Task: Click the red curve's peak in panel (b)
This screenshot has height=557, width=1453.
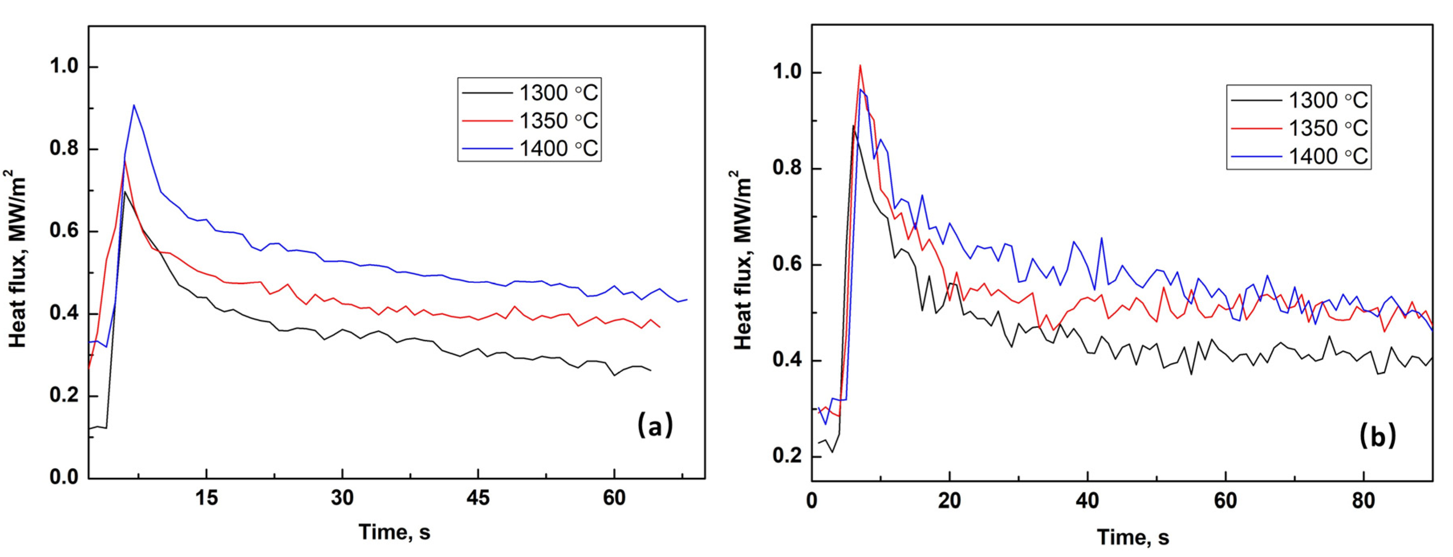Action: (x=860, y=65)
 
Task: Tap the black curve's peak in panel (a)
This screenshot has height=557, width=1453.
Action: (x=124, y=192)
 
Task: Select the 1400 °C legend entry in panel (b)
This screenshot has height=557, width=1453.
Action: (x=1298, y=156)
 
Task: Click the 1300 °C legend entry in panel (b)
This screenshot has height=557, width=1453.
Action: (x=1298, y=100)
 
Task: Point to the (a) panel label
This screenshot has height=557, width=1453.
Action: (x=655, y=424)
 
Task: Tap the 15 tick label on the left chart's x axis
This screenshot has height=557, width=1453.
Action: (x=206, y=498)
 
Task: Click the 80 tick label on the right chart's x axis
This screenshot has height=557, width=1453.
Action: (x=1363, y=500)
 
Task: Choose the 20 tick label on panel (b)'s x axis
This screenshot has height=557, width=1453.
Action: (x=949, y=500)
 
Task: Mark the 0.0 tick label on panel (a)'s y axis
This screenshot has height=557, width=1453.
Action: (x=64, y=477)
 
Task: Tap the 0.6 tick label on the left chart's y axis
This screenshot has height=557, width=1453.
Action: (x=64, y=231)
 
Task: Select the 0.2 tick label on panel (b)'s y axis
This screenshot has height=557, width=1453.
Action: (x=788, y=456)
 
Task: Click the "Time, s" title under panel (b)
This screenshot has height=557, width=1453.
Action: (x=1133, y=537)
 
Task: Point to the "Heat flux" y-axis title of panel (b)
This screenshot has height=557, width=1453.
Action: (x=743, y=259)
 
